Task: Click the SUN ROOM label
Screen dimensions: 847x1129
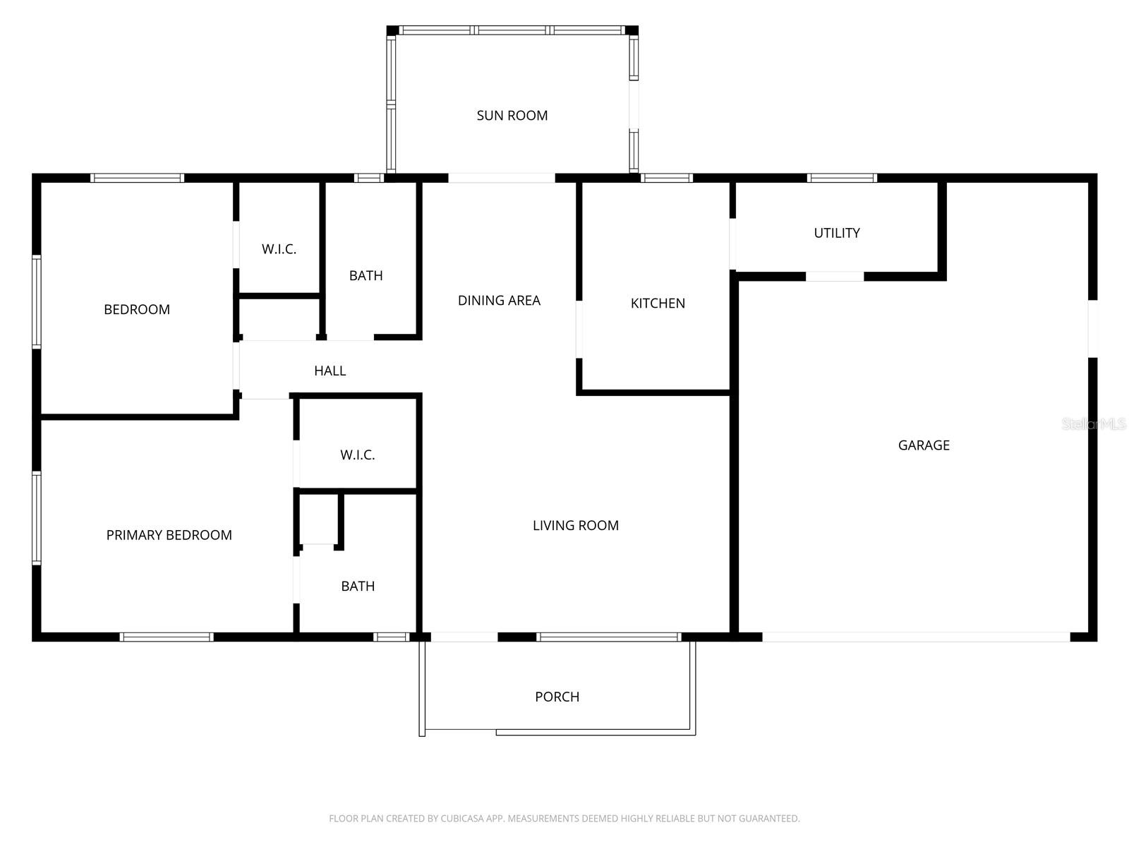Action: tap(512, 115)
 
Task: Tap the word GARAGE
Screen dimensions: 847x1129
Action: tap(924, 445)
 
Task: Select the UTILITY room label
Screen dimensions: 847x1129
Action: tap(837, 232)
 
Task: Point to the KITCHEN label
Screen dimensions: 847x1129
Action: tap(658, 303)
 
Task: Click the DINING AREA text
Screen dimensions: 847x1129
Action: tap(499, 300)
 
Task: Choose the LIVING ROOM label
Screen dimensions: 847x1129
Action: tap(575, 525)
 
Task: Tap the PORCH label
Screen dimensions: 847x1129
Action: tap(557, 697)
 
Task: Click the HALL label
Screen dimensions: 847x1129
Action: tap(330, 371)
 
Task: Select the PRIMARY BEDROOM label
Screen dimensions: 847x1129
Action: tap(169, 535)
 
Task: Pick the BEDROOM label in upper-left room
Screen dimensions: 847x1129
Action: tap(136, 309)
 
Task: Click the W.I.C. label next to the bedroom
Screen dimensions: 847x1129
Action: tap(279, 248)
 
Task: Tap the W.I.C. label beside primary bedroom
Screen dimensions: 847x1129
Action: tap(357, 455)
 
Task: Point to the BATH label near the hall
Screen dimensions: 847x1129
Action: tap(366, 275)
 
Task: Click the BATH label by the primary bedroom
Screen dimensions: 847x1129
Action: tap(358, 586)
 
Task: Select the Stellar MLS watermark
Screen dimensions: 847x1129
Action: tap(1093, 423)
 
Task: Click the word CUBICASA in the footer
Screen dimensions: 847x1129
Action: tap(461, 819)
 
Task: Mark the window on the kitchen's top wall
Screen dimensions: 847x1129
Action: tap(666, 178)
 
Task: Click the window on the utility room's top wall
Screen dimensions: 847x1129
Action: tap(842, 178)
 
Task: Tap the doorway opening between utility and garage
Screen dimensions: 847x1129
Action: tap(835, 277)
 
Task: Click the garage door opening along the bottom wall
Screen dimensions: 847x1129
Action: tap(916, 637)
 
